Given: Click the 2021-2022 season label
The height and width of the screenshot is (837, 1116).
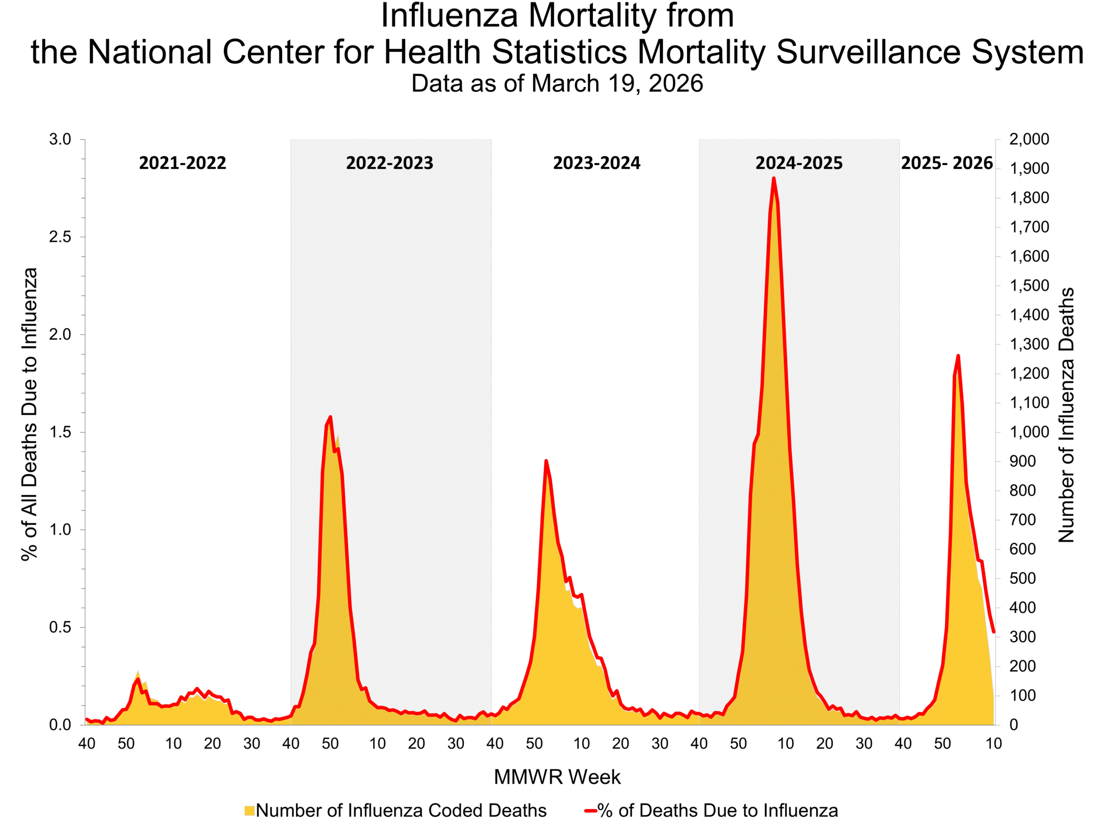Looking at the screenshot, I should pyautogui.click(x=182, y=163).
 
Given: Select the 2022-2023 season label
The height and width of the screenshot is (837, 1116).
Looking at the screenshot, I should pyautogui.click(x=389, y=163).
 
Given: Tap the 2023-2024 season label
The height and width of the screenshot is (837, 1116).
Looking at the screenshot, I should pyautogui.click(x=596, y=163).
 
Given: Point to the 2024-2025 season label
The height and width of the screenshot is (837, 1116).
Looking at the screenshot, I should pyautogui.click(x=799, y=163).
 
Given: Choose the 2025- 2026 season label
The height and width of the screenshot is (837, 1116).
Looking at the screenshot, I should pyautogui.click(x=946, y=163).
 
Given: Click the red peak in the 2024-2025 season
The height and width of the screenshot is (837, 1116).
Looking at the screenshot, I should pyautogui.click(x=773, y=179).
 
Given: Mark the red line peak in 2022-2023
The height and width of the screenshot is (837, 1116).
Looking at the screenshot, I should pyautogui.click(x=330, y=417).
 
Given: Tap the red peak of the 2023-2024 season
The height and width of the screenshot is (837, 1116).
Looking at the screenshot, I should pyautogui.click(x=546, y=461).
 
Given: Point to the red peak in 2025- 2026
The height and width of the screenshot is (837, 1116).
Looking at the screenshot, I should pyautogui.click(x=958, y=356).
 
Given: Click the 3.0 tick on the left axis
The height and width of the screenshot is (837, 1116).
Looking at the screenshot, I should pyautogui.click(x=60, y=139).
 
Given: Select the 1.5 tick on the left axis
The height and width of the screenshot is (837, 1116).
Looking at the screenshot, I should pyautogui.click(x=60, y=432).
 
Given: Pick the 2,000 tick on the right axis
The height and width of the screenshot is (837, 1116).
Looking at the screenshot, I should pyautogui.click(x=1029, y=139).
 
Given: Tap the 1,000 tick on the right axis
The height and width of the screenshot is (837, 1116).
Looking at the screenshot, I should pyautogui.click(x=1029, y=432).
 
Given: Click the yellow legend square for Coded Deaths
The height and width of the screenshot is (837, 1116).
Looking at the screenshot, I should pyautogui.click(x=249, y=811).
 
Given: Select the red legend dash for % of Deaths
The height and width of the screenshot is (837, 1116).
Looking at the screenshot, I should pyautogui.click(x=590, y=811).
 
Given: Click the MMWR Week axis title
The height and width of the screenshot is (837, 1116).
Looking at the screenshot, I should pyautogui.click(x=557, y=777).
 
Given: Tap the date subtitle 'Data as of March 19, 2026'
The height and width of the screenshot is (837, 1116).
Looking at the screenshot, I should pyautogui.click(x=557, y=83).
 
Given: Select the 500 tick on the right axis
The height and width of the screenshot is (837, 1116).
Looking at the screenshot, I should pyautogui.click(x=1022, y=578).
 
